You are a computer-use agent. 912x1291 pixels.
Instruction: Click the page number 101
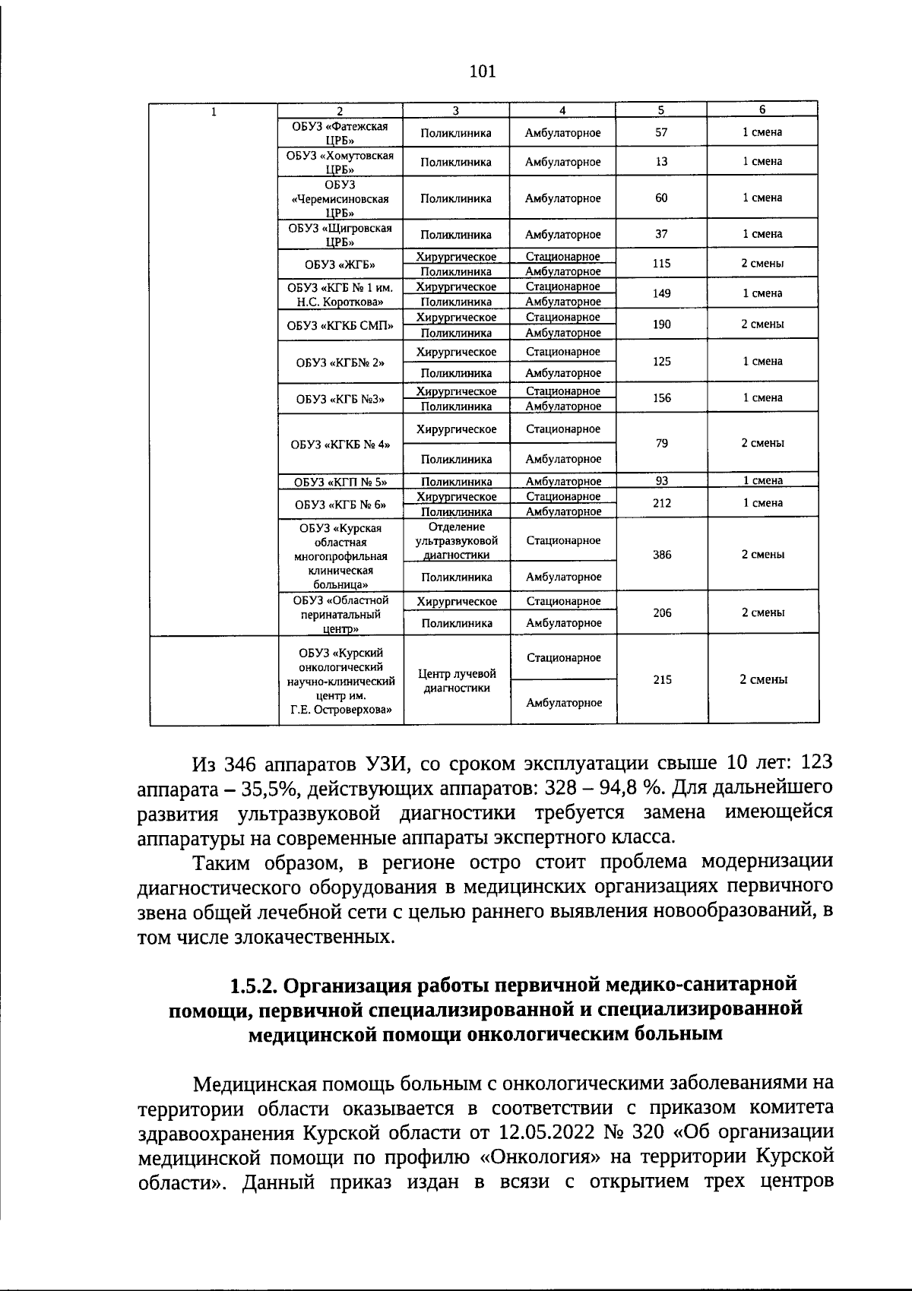(483, 71)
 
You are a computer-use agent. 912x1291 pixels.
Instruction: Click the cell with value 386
(662, 555)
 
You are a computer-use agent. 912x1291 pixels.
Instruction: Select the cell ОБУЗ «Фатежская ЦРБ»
(340, 133)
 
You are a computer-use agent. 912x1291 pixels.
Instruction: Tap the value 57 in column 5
(661, 132)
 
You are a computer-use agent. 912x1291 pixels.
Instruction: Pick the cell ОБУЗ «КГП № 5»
(340, 481)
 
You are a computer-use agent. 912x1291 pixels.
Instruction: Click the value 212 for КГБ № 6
(662, 503)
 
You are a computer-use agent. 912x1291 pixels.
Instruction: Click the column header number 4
(562, 110)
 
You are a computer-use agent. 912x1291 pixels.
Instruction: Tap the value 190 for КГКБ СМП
(662, 324)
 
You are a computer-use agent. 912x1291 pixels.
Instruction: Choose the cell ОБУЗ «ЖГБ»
(340, 264)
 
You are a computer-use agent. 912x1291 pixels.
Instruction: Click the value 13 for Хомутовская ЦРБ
(661, 162)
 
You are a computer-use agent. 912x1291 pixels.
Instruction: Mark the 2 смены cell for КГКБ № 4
(762, 443)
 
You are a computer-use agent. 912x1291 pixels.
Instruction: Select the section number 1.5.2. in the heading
(255, 985)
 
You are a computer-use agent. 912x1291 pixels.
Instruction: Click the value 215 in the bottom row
(662, 680)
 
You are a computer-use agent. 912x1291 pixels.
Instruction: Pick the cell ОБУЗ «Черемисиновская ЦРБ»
(340, 198)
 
